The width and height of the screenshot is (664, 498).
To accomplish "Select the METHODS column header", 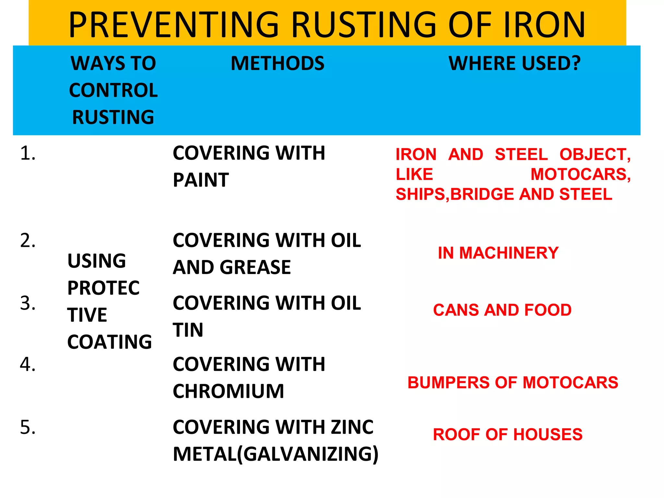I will pos(277,63).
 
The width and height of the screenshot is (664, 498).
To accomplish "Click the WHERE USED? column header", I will pos(515,63).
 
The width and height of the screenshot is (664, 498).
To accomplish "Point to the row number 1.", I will pos(28,153).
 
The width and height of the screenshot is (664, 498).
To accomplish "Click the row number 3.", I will pos(28,303).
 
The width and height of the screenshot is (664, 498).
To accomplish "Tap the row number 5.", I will pos(28,427).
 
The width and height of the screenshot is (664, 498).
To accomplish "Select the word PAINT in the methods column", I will pos(201,180).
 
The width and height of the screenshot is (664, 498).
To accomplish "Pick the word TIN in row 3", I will pos(188,330).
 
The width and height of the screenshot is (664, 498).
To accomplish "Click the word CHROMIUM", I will pos(228,391).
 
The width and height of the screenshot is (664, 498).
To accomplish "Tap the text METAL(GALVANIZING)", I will pos(276,454).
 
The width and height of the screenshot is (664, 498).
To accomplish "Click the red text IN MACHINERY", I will pos(498,253).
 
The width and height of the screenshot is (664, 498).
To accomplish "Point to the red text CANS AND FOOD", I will pos(502,310).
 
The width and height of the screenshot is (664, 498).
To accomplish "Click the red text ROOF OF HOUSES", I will pos(508,434).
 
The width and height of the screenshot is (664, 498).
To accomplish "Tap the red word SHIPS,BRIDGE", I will pos(454,194).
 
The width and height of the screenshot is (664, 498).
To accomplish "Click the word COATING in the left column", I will pos(110,342).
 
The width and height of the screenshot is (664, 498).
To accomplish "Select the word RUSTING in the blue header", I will pos(113,117).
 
